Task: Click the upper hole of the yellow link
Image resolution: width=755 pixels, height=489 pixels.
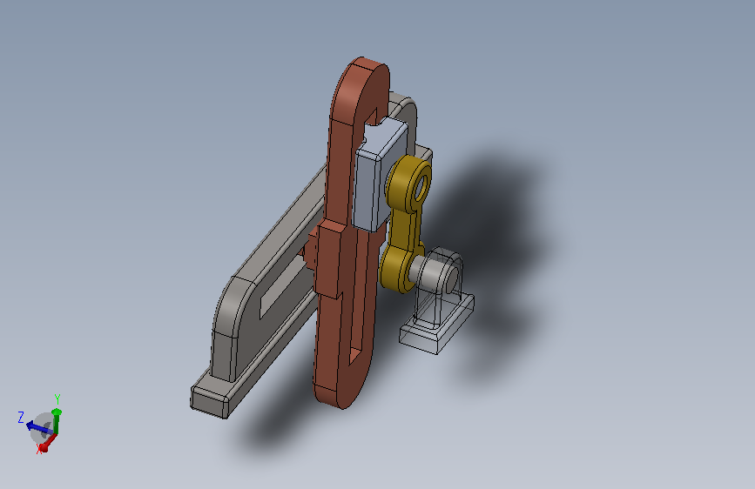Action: pyautogui.click(x=421, y=188)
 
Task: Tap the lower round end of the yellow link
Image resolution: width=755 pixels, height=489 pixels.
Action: pyautogui.click(x=397, y=270)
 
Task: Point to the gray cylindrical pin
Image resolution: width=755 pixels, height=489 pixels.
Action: pyautogui.click(x=424, y=271)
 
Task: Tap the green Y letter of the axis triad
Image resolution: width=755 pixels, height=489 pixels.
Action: pyautogui.click(x=57, y=399)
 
